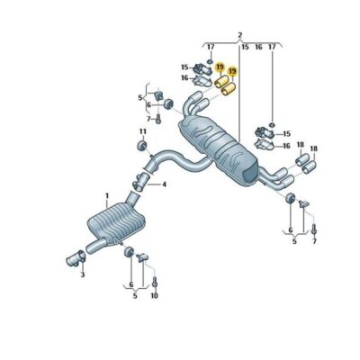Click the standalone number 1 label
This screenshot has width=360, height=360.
[107, 196]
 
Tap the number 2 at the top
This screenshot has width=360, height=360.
[240, 35]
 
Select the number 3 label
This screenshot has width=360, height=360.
[83, 274]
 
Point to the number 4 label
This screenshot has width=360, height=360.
[164, 184]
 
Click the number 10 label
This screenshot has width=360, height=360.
[154, 296]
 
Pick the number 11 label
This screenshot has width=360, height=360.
[142, 131]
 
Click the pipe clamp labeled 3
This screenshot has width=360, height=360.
[76, 258]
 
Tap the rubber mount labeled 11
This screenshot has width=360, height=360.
[141, 145]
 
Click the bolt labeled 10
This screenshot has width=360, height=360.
[155, 283]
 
